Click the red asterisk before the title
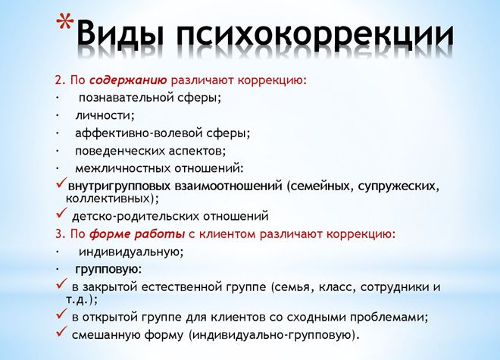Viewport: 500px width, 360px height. (x=67, y=29)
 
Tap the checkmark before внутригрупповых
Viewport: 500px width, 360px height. (x=61, y=185)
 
